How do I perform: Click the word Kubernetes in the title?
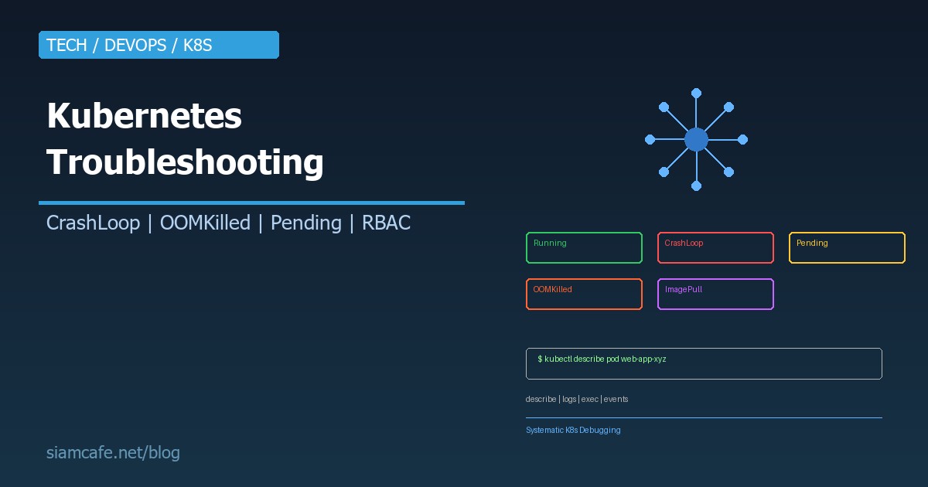tap(144, 117)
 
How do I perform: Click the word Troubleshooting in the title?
tap(185, 163)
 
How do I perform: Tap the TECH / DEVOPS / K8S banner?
tap(159, 45)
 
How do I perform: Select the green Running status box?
tap(584, 247)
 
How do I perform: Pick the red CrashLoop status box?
tap(715, 247)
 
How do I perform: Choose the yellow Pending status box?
tap(847, 247)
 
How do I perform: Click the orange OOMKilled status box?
tap(584, 294)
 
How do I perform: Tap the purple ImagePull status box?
tap(715, 294)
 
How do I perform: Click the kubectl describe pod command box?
tap(704, 363)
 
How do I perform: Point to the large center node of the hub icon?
tap(696, 140)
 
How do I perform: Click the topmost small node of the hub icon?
tap(696, 93)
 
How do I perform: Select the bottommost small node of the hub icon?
tap(696, 186)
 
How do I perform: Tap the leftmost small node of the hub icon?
tap(650, 140)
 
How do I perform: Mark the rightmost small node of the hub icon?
tap(742, 140)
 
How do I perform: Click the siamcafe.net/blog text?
tap(113, 453)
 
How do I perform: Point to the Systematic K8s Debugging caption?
tap(573, 430)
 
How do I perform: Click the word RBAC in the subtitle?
tap(386, 223)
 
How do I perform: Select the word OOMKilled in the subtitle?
tap(205, 223)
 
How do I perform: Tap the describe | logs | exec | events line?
tap(577, 400)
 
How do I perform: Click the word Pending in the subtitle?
tap(305, 223)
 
